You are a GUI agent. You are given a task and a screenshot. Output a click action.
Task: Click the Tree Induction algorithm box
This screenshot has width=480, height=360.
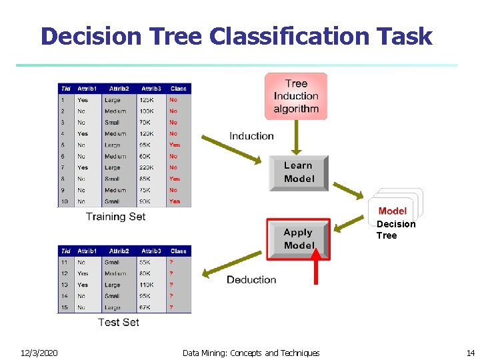pyautogui.click(x=296, y=96)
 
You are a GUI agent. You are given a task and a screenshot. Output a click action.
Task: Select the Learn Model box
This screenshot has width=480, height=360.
pyautogui.click(x=299, y=173)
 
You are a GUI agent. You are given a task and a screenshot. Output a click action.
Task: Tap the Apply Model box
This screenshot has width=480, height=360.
pyautogui.click(x=298, y=239)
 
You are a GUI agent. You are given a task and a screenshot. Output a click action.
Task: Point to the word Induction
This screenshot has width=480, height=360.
pyautogui.click(x=251, y=136)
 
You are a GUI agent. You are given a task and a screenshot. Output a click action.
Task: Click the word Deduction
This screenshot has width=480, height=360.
pyautogui.click(x=251, y=279)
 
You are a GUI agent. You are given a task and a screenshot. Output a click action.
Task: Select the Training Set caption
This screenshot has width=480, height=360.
pyautogui.click(x=115, y=217)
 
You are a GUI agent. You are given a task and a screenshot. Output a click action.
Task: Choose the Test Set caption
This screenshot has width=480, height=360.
pyautogui.click(x=118, y=322)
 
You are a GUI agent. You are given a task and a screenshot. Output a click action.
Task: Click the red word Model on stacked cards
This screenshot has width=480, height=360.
pyautogui.click(x=392, y=211)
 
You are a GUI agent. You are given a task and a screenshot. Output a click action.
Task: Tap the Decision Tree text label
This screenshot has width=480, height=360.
pyautogui.click(x=395, y=229)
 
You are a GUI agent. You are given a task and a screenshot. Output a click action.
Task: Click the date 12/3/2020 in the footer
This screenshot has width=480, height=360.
pyautogui.click(x=39, y=353)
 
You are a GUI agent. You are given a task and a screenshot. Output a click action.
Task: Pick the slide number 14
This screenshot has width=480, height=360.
pyautogui.click(x=471, y=353)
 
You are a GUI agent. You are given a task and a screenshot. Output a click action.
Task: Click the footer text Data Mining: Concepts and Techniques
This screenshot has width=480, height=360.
pyautogui.click(x=251, y=353)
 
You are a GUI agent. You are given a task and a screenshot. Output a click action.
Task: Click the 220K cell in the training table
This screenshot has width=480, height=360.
pyautogui.click(x=146, y=167)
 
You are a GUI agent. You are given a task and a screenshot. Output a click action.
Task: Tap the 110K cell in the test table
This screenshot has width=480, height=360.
pyautogui.click(x=146, y=285)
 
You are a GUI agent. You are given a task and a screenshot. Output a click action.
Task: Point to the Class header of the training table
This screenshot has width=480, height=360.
pyautogui.click(x=178, y=89)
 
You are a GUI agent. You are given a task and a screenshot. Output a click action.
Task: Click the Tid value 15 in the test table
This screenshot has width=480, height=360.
pyautogui.click(x=65, y=307)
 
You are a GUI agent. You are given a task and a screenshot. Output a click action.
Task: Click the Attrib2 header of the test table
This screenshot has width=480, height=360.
pyautogui.click(x=119, y=251)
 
